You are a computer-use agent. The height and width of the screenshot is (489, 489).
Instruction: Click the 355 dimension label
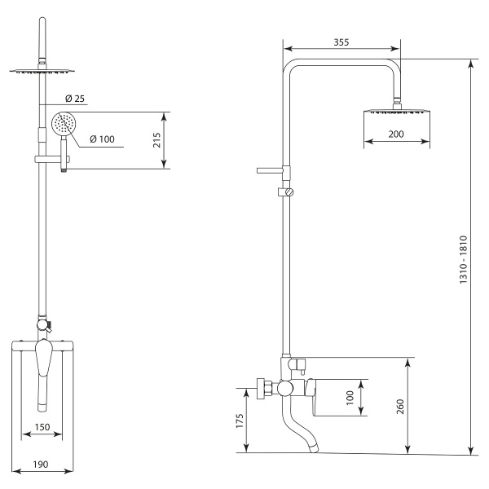click(x=341, y=42)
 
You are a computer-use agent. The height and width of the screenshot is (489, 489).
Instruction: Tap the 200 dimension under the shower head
click(x=396, y=134)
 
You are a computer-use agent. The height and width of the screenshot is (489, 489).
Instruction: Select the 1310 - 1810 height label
click(x=464, y=259)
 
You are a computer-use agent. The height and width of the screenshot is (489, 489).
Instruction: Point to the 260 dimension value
click(x=400, y=407)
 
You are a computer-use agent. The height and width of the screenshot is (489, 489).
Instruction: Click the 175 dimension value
click(x=240, y=421)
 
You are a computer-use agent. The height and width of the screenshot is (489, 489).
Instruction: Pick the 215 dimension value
click(x=156, y=140)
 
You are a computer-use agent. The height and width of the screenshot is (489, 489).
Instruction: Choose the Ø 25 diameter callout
click(x=75, y=99)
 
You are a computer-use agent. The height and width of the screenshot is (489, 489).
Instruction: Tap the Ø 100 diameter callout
click(x=102, y=139)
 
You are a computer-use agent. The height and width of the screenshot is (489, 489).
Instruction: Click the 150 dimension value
click(x=42, y=427)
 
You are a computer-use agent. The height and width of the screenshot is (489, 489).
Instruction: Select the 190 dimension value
click(x=41, y=465)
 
